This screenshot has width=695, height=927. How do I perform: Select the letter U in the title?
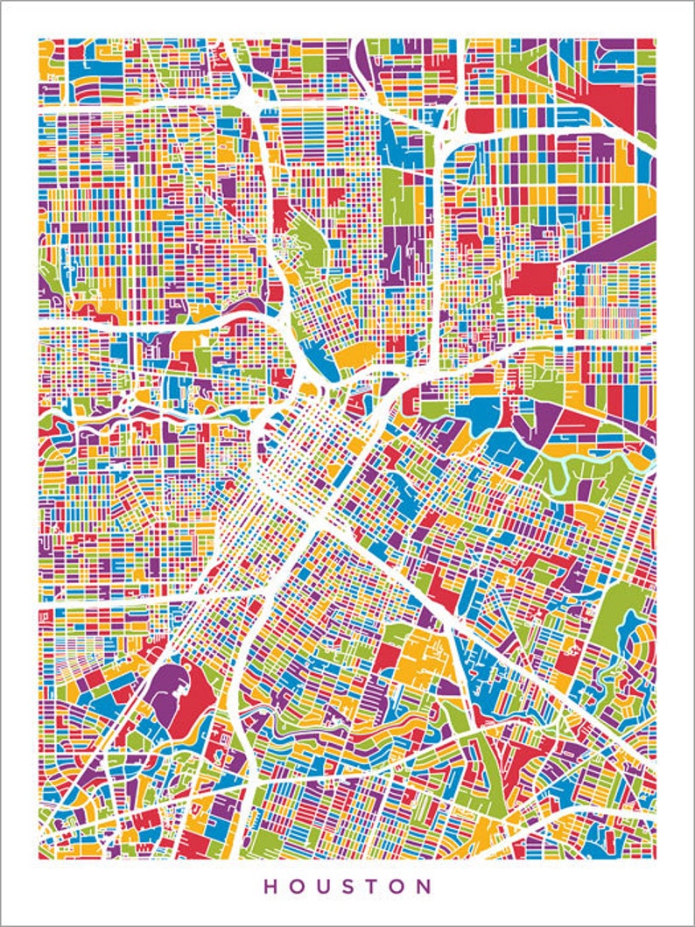tap(324, 886)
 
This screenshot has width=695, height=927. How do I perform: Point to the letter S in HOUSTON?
tap(349, 886)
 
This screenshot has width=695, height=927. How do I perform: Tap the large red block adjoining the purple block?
tap(194, 700)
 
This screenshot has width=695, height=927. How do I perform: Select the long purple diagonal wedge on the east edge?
tap(617, 241)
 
